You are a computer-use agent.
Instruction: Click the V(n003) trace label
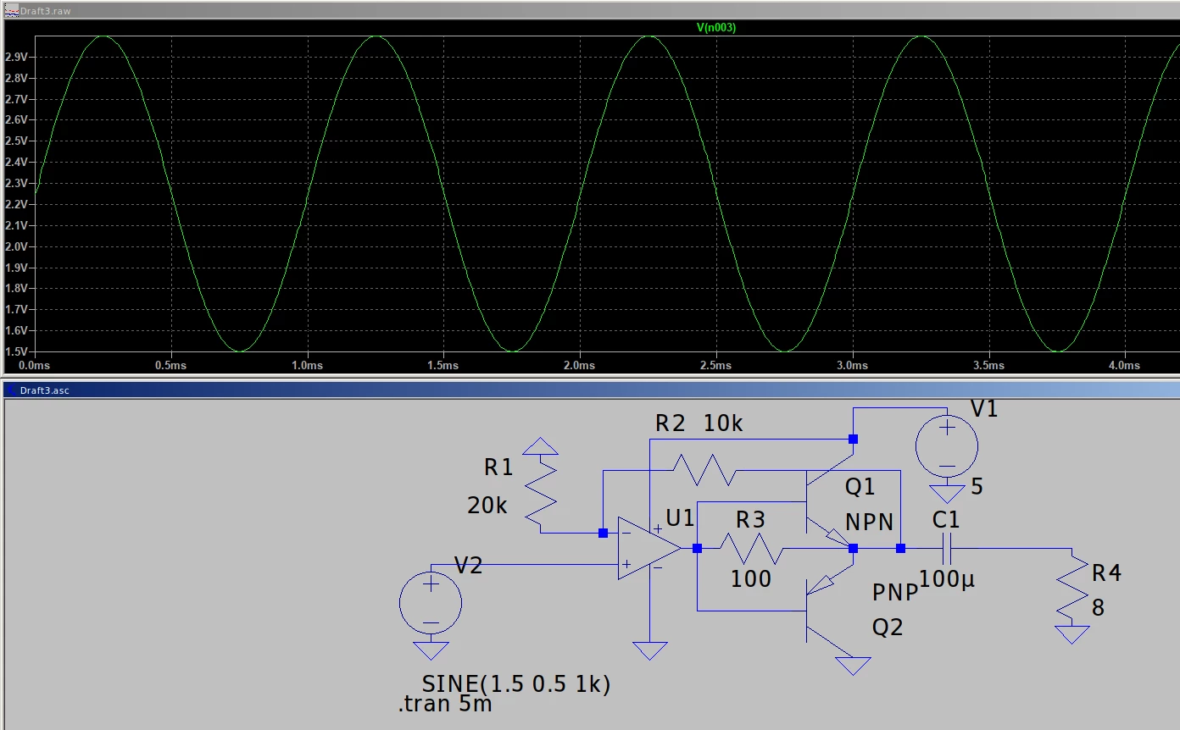click(x=716, y=27)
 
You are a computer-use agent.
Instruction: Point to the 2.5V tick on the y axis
click(x=16, y=141)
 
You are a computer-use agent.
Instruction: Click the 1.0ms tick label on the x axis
click(x=307, y=365)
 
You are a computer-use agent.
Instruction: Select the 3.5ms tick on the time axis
click(x=988, y=365)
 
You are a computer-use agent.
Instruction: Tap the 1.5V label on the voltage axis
click(x=16, y=351)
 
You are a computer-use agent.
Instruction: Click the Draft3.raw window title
click(x=45, y=11)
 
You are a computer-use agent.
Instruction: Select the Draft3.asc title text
click(x=44, y=390)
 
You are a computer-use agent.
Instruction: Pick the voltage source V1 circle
click(x=947, y=446)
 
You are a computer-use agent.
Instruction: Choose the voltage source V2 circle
click(x=431, y=603)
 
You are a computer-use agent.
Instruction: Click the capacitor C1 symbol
click(x=947, y=549)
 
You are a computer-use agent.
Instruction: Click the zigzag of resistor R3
click(x=751, y=549)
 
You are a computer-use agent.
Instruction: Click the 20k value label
click(x=487, y=506)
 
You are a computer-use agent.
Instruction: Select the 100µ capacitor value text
click(x=947, y=579)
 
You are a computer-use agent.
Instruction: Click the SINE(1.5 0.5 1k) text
click(x=515, y=683)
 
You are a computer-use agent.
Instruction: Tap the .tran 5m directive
click(x=445, y=704)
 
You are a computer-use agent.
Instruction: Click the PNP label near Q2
click(x=895, y=593)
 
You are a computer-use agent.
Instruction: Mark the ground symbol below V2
click(x=431, y=650)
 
